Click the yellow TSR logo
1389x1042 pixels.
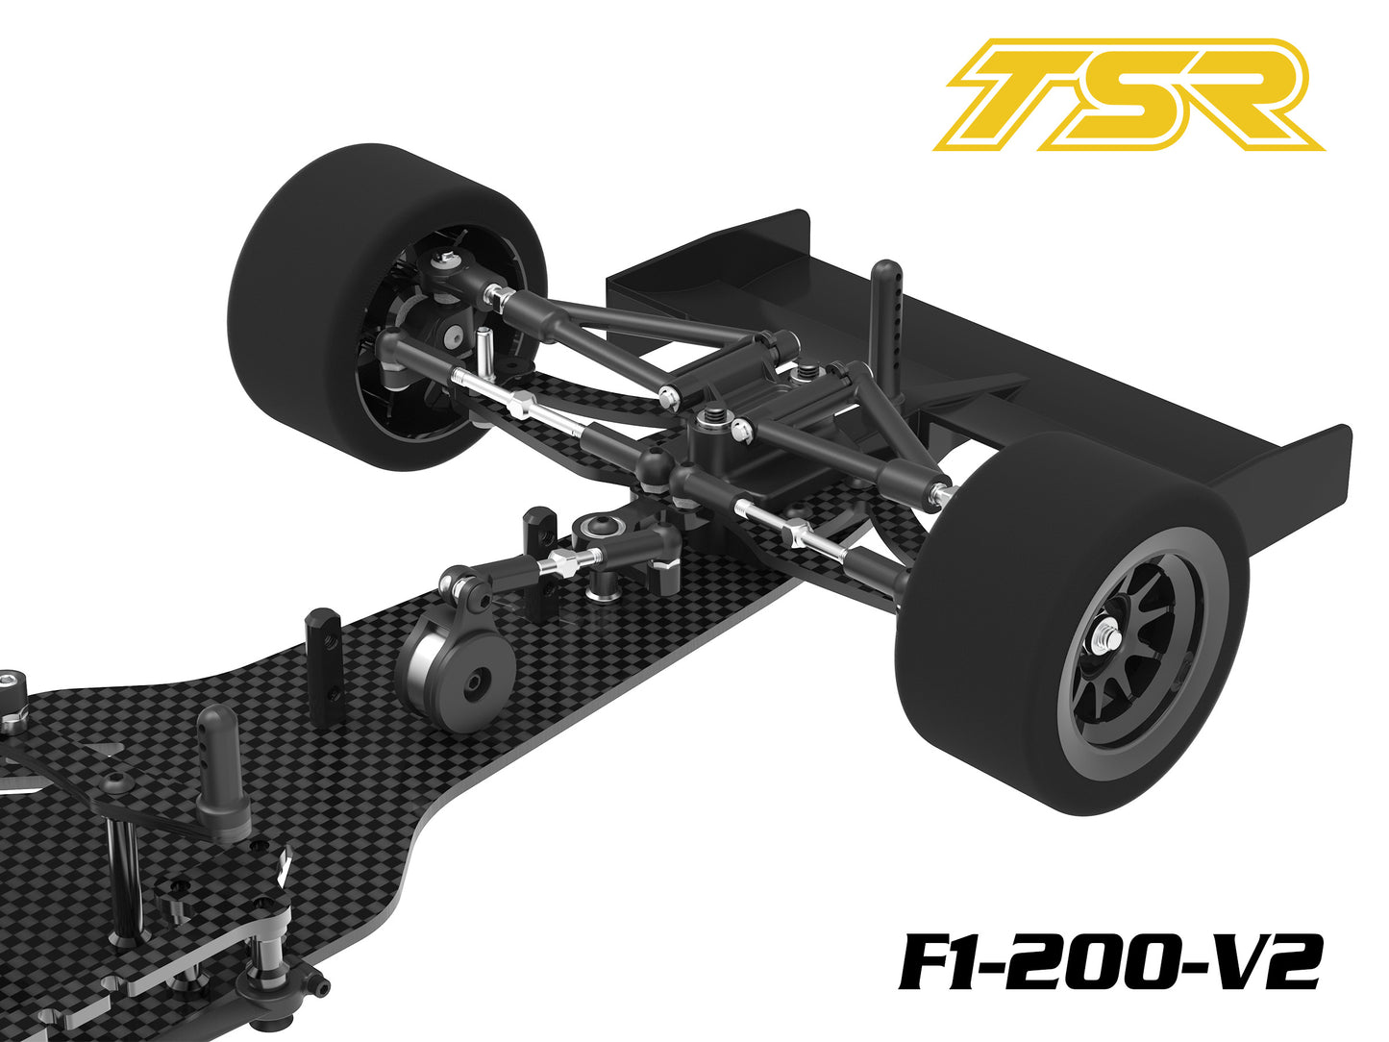point(1129,95)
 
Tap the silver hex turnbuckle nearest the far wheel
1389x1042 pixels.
point(519,405)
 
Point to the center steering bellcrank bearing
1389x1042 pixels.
point(603,528)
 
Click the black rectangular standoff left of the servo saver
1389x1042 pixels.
point(323,654)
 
